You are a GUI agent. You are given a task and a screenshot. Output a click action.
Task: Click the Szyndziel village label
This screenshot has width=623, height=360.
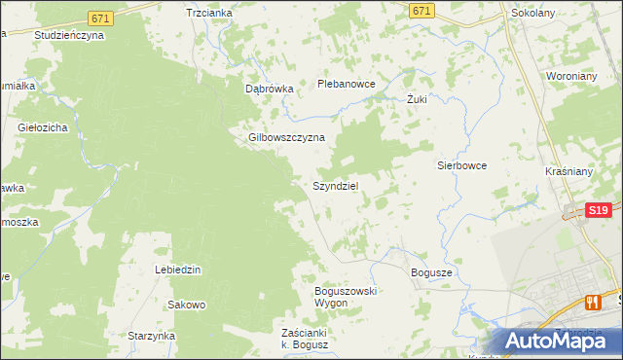tap(339, 186)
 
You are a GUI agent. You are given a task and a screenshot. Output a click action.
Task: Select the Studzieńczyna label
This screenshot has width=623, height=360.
tap(68, 34)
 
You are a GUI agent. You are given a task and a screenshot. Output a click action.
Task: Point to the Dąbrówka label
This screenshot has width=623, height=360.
tap(269, 89)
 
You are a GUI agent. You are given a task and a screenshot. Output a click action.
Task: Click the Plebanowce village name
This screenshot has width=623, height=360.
tap(347, 85)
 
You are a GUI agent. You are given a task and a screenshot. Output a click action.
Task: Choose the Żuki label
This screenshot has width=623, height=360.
tap(418, 99)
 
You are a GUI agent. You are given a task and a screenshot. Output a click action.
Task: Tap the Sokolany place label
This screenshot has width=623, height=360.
tap(533, 16)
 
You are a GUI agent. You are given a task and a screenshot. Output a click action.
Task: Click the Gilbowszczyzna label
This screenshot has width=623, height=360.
tap(285, 138)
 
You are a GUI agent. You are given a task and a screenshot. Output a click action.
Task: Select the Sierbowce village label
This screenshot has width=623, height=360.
tap(460, 165)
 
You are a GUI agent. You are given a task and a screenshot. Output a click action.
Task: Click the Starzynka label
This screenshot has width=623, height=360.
tap(151, 336)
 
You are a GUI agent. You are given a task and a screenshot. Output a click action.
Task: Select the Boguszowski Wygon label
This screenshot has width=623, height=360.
tap(345, 297)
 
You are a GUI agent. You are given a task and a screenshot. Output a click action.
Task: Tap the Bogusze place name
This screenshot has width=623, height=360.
tap(431, 273)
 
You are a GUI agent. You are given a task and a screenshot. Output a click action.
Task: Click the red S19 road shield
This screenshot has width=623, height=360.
tap(598, 209)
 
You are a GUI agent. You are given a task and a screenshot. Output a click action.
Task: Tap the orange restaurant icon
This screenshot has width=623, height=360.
tap(591, 302)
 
